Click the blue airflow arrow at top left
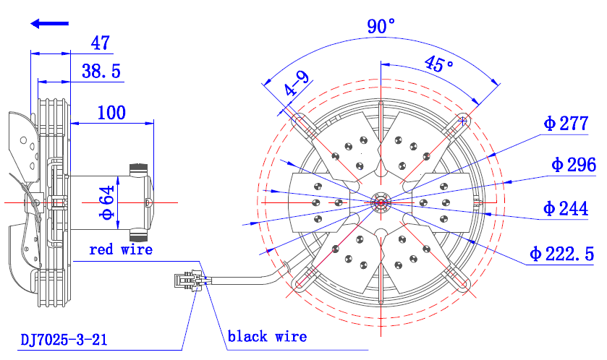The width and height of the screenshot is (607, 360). (x=49, y=24)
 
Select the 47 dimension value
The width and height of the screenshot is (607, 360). (x=100, y=43)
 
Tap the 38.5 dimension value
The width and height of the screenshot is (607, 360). (x=101, y=70)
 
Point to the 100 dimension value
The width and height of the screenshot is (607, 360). (x=111, y=112)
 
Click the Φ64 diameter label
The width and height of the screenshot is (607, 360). (x=107, y=202)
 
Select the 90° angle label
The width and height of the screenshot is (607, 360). (x=381, y=27)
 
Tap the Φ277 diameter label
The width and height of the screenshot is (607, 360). (x=566, y=124)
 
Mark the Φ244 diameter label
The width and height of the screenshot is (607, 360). (x=566, y=209)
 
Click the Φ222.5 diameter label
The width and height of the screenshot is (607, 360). (x=561, y=254)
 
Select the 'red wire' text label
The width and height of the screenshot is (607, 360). (x=121, y=249)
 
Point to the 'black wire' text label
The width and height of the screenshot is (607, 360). (x=267, y=336)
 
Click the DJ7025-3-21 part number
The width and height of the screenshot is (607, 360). (x=64, y=339)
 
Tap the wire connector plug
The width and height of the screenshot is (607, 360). (x=187, y=280)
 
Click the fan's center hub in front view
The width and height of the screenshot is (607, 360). (x=380, y=202)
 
